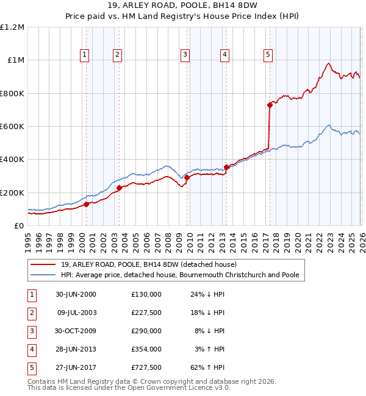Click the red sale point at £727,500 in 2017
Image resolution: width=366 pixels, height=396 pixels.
[270, 105]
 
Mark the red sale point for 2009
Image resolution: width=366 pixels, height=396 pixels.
[187, 177]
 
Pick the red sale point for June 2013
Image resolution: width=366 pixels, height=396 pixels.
[226, 167]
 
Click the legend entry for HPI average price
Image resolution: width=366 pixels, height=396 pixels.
[179, 275]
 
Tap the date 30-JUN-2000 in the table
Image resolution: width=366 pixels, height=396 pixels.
[76, 294]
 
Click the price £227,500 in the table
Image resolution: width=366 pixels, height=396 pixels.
[146, 313]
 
